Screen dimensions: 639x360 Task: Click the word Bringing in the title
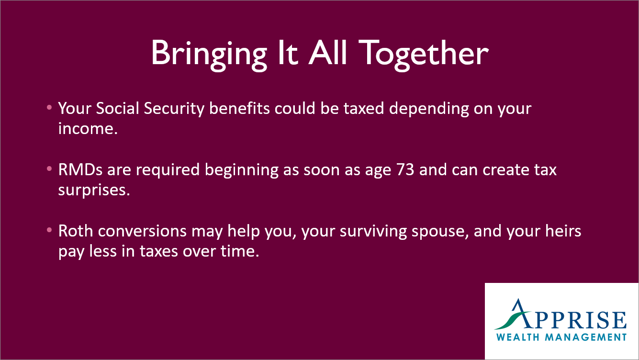209,54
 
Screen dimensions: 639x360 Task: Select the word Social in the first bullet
117,108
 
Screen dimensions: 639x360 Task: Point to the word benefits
239,108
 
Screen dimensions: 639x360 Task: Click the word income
88,129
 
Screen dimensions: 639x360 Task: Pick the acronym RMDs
80,170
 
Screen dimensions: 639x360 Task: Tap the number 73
405,170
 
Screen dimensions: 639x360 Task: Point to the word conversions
142,231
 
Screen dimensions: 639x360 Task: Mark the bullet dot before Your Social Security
49,108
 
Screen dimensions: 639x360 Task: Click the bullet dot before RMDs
49,169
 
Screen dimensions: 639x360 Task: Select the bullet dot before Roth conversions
49,230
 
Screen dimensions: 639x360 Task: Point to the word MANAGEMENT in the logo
586,337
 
